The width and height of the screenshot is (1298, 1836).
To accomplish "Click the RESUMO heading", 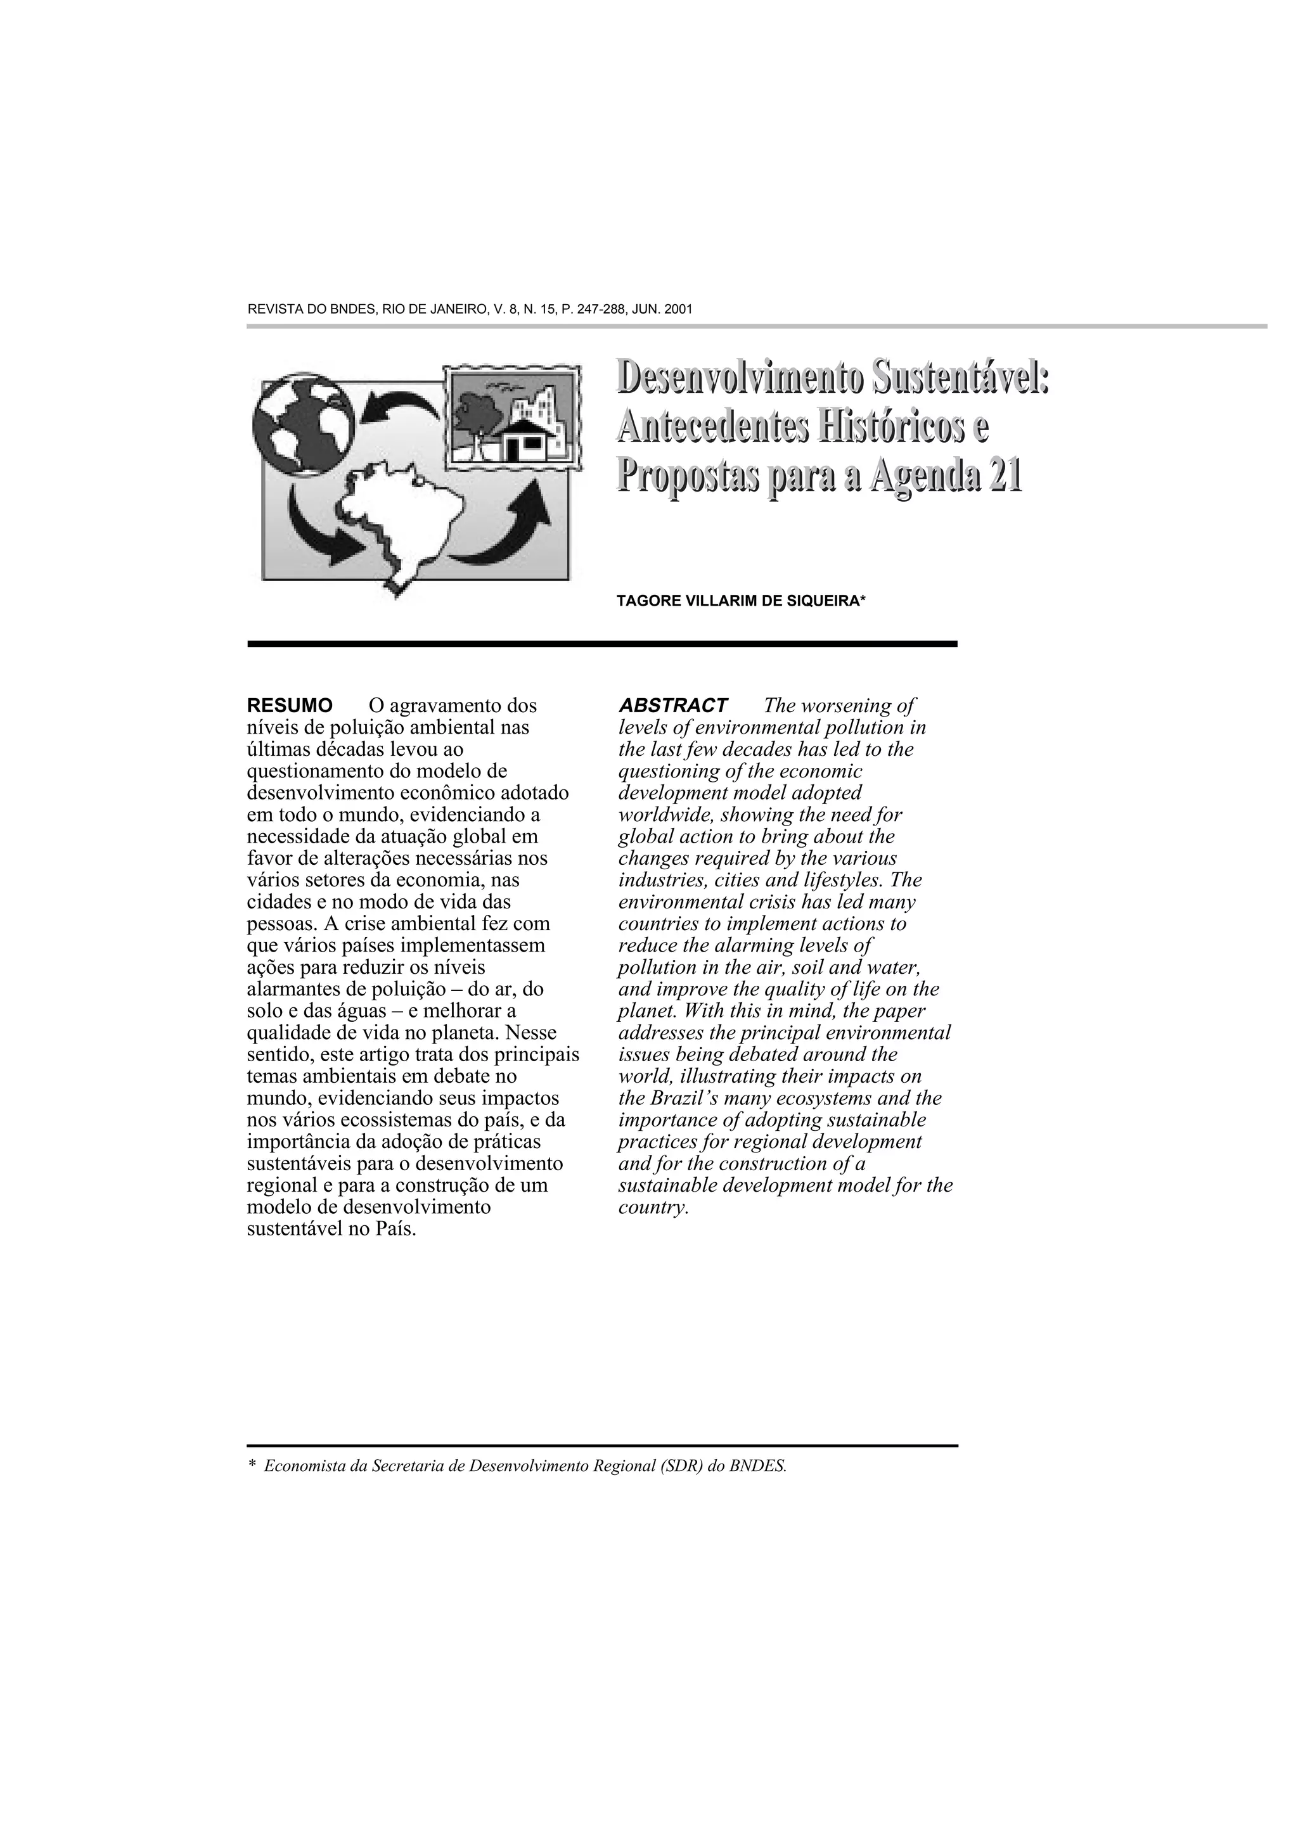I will coord(290,706).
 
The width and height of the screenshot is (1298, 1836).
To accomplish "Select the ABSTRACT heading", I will coord(672,706).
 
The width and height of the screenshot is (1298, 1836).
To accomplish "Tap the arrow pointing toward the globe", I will coord(398,405).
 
